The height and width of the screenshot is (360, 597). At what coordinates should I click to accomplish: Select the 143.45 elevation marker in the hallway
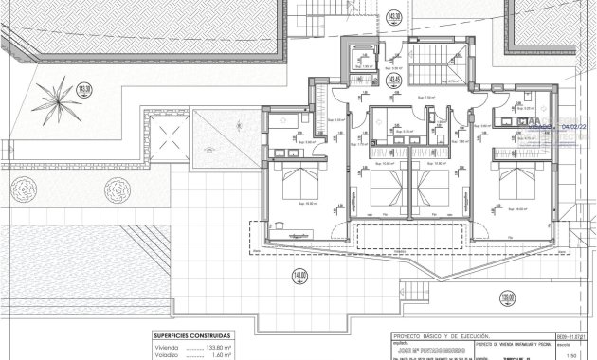(x=395, y=81)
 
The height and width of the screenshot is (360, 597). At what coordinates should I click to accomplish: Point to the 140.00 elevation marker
(x=300, y=276)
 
